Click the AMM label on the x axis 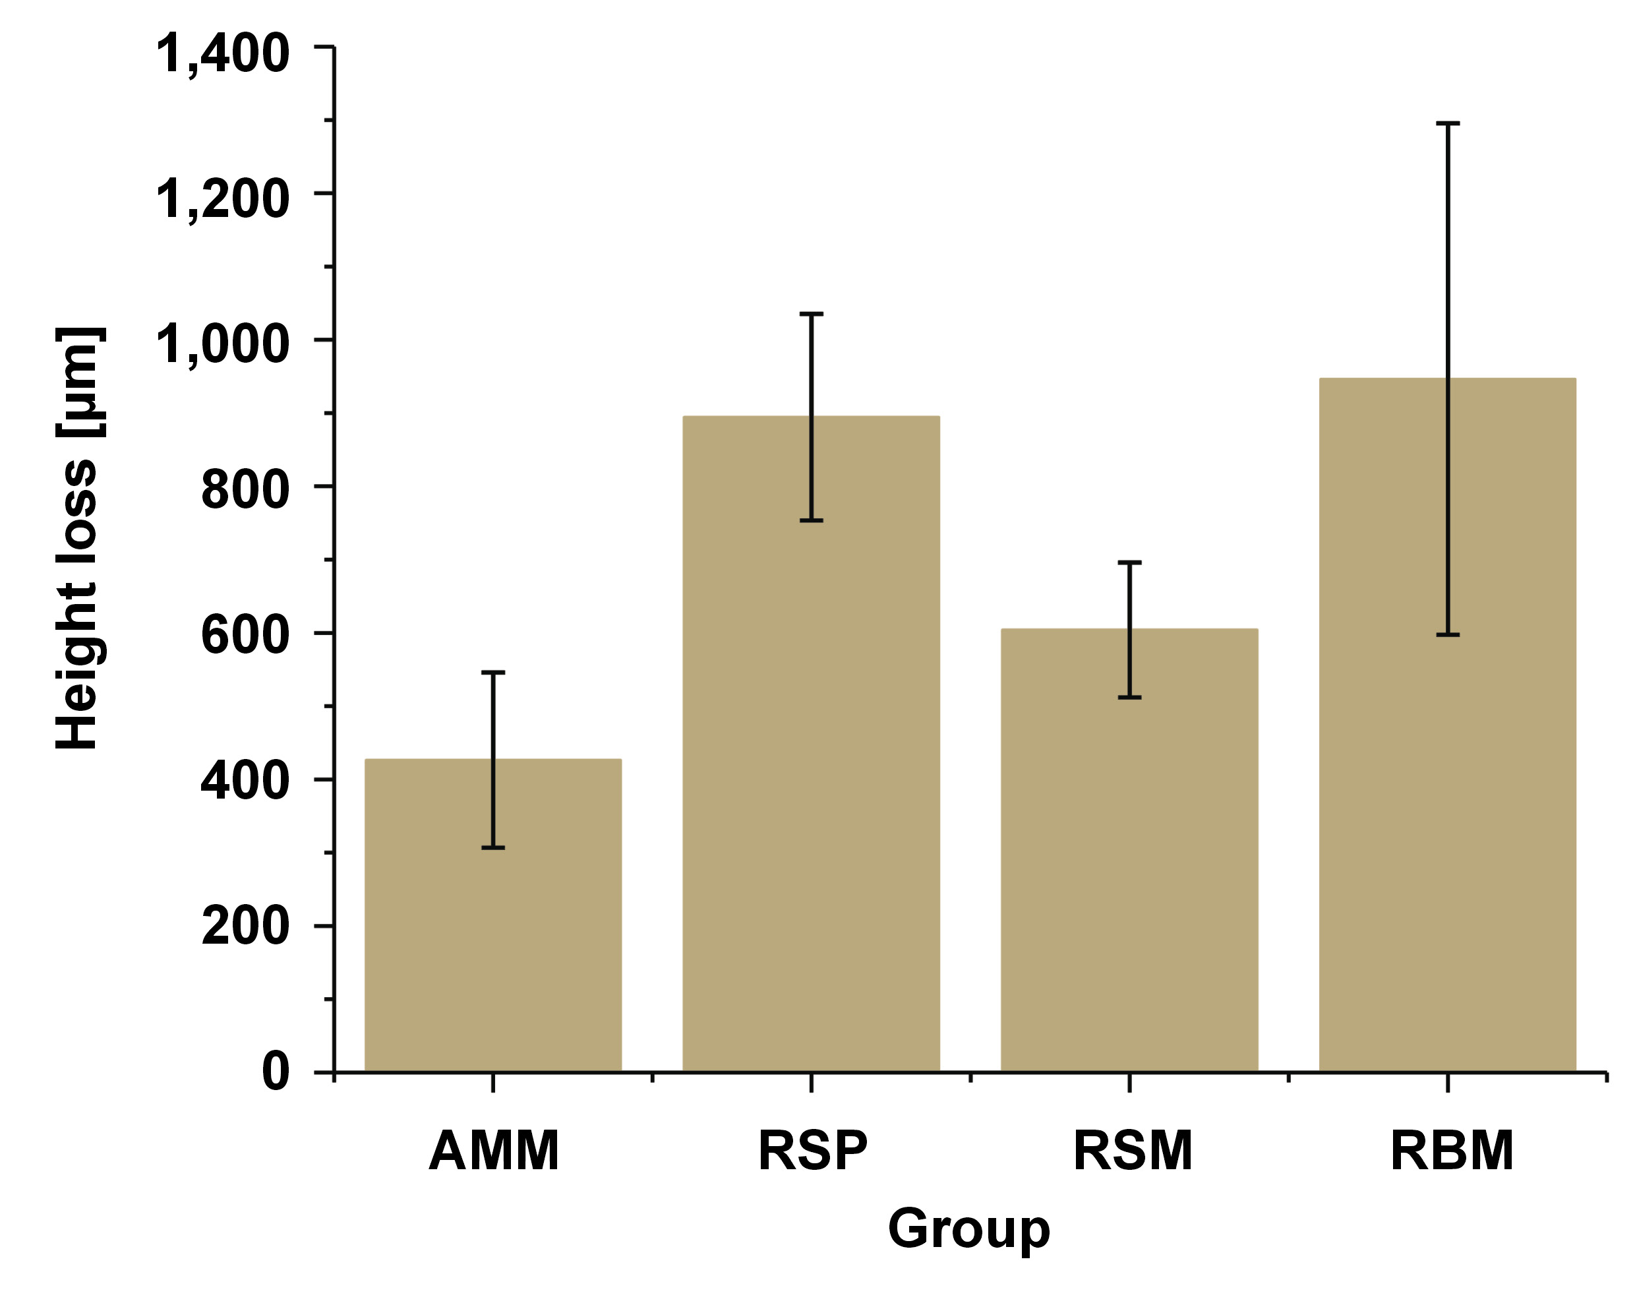494,1151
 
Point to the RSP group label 812,1151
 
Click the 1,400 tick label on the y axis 222,55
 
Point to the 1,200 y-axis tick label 222,200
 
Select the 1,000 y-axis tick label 222,346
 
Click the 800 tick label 245,491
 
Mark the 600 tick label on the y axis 245,636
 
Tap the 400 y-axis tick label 245,782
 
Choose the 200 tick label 245,927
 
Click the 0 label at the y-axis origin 276,1072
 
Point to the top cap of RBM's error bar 1448,123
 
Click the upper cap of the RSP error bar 812,314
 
